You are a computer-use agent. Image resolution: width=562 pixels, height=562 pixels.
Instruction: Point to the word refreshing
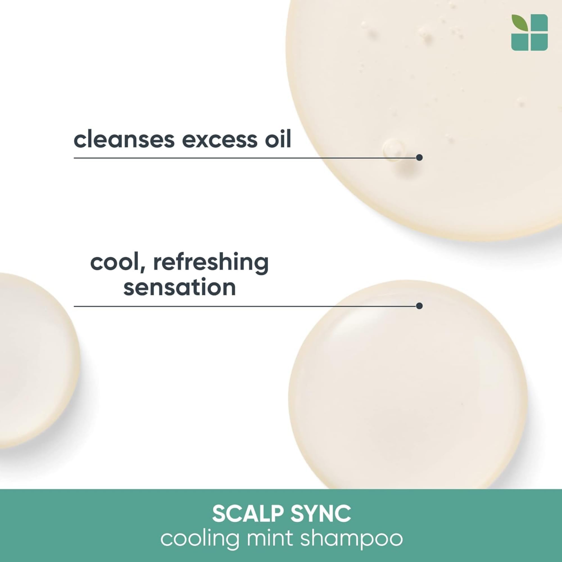click(x=211, y=263)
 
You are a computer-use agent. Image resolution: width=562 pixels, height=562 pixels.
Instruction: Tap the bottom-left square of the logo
click(x=520, y=42)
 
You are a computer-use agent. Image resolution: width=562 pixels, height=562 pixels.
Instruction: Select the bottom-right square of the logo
click(x=539, y=42)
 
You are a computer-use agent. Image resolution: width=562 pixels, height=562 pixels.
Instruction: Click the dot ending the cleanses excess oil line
click(x=419, y=158)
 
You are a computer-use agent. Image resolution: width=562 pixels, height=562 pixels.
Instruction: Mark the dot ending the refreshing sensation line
click(x=419, y=306)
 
